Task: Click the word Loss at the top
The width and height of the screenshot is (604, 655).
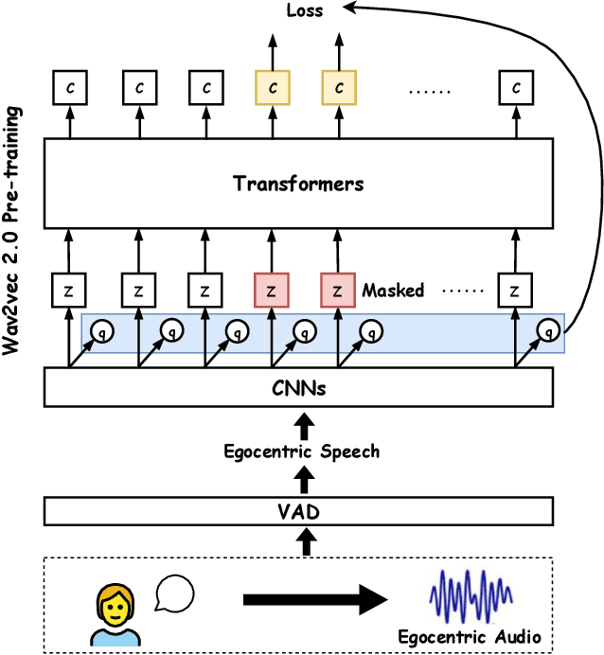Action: coord(304,11)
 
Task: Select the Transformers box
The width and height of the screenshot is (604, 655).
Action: coord(298,183)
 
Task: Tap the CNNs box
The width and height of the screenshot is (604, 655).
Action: coord(298,387)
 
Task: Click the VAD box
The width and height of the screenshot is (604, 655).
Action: coord(298,512)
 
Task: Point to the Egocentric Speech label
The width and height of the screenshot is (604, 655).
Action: coord(301,451)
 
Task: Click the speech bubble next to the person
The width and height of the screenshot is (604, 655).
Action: coord(175,593)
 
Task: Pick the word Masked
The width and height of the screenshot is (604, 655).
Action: coord(393,291)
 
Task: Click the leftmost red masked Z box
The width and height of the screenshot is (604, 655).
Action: coord(271,290)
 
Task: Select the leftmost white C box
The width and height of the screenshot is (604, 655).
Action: coord(69,89)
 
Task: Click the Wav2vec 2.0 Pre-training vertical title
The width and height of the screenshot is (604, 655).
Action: coord(15,230)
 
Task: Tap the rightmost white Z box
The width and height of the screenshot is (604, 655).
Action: coord(515,290)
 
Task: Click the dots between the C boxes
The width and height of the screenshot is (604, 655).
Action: coord(430,91)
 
